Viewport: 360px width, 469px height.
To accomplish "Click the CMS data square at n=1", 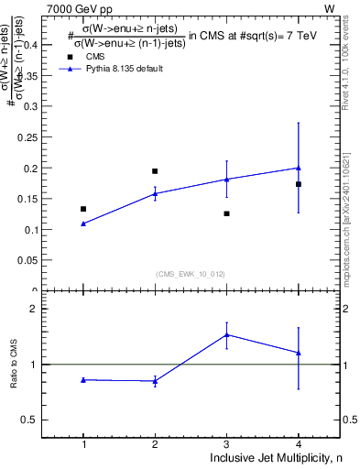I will pyautogui.click(x=83, y=209).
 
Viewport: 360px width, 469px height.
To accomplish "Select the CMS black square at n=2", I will pyautogui.click(x=155, y=171).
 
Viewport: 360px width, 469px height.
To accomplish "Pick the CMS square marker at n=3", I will pyautogui.click(x=226, y=213).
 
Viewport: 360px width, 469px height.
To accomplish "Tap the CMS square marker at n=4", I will pyautogui.click(x=299, y=184).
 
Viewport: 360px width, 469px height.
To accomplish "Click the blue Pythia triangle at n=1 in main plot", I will pyautogui.click(x=83, y=224).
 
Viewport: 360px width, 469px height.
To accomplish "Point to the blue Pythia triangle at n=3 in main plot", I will pyautogui.click(x=226, y=179).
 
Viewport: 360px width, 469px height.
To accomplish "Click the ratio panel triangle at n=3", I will pyautogui.click(x=226, y=334).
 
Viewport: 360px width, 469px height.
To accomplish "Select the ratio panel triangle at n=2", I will pyautogui.click(x=155, y=381).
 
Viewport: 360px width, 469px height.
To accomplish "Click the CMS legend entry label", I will pyautogui.click(x=95, y=56).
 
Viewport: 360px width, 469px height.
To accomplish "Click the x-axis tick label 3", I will pyautogui.click(x=226, y=443).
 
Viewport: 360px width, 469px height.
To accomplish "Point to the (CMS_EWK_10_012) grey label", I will pyautogui.click(x=191, y=274).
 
